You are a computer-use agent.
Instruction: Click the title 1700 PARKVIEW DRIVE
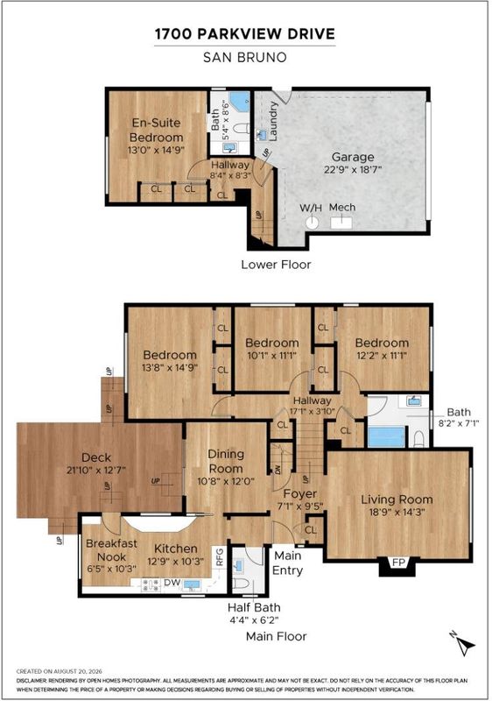[x=244, y=34]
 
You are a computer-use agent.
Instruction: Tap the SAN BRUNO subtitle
[x=244, y=57]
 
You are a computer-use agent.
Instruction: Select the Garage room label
[x=353, y=157]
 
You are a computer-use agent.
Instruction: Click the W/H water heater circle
[x=312, y=223]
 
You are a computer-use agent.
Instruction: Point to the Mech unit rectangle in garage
[x=341, y=223]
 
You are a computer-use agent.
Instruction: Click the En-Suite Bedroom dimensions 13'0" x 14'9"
[x=156, y=150]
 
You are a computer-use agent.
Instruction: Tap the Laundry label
[x=273, y=121]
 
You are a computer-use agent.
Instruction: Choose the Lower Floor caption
[x=276, y=265]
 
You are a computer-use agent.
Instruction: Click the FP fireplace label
[x=397, y=563]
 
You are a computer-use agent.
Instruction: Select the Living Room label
[x=397, y=499]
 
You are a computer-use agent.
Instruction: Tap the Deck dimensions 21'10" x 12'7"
[x=96, y=471]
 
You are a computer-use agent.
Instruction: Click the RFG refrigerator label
[x=220, y=557]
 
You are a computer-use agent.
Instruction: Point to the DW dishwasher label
[x=172, y=583]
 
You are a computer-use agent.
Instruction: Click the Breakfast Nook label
[x=111, y=550]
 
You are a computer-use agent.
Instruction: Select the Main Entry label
[x=287, y=563]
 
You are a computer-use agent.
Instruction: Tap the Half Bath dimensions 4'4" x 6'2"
[x=254, y=620]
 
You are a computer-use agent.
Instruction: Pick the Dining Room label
[x=226, y=462]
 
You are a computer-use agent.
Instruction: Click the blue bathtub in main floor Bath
[x=387, y=437]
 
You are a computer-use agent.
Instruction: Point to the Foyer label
[x=300, y=493]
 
